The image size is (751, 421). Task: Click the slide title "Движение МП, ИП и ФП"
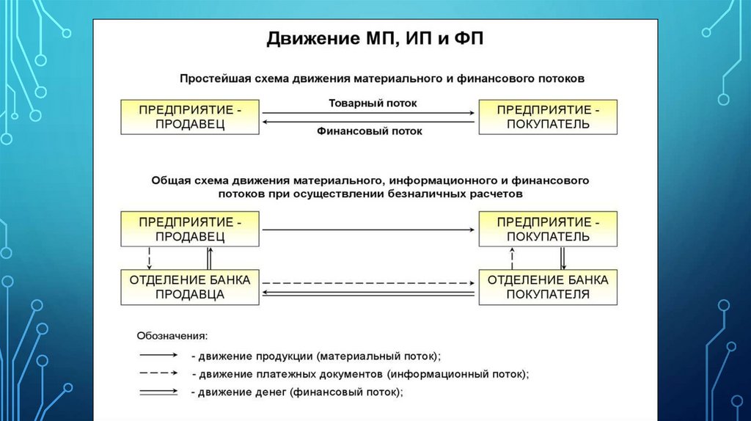coord(375,38)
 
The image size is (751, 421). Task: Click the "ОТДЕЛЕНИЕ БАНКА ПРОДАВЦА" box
coord(190,287)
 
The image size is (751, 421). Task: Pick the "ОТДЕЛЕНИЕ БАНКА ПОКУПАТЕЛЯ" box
coord(548,287)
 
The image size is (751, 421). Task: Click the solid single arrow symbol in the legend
coord(155,355)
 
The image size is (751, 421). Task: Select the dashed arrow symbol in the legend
coord(155,373)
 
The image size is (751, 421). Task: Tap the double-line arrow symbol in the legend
coord(155,392)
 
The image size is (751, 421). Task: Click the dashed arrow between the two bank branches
coord(368,282)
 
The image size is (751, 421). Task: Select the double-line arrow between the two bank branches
coord(368,293)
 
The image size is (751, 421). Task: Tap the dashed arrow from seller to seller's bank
coord(150,257)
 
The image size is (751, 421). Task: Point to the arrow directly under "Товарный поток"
coord(368,112)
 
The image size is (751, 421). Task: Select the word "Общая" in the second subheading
coord(169,180)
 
